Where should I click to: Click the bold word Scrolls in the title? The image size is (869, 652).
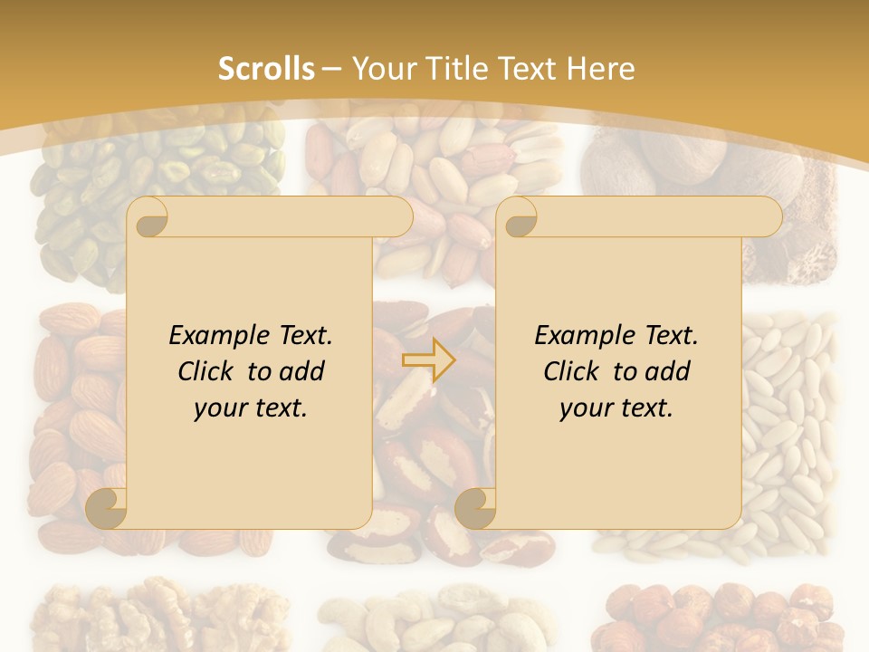(x=266, y=69)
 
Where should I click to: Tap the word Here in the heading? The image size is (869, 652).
(x=600, y=69)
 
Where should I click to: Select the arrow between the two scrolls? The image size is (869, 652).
(x=429, y=360)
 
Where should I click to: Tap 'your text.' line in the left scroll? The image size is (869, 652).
(x=251, y=407)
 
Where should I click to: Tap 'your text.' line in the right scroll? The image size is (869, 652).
(x=616, y=407)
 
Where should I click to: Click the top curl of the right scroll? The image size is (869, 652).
(x=518, y=217)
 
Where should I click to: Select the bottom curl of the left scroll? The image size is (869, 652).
(x=107, y=507)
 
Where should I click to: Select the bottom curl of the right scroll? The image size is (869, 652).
(x=475, y=507)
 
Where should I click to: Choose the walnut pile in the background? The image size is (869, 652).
(x=136, y=616)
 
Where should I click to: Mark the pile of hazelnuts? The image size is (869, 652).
(x=724, y=616)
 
